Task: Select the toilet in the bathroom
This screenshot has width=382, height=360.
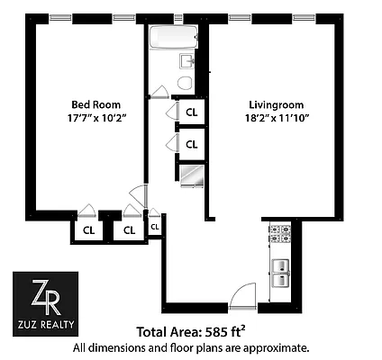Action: (x=186, y=82)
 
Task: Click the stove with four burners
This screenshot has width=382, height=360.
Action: (x=279, y=235)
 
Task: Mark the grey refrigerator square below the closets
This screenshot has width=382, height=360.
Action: (x=191, y=174)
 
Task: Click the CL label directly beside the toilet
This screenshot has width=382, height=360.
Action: (x=191, y=112)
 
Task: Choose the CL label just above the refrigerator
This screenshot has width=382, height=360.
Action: (x=191, y=144)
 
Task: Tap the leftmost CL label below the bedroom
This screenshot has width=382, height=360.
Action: (x=89, y=229)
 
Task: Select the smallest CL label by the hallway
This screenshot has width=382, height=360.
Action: (x=155, y=227)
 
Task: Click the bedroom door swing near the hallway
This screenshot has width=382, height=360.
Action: (x=137, y=195)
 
